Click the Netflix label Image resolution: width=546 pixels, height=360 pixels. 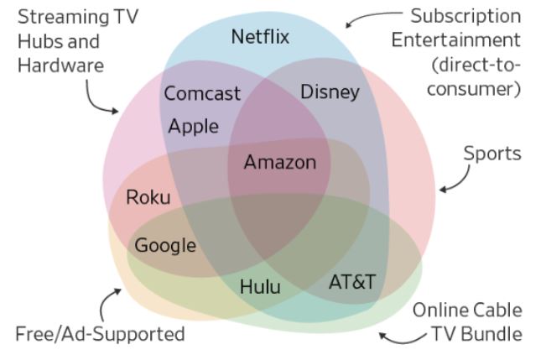coord(259,36)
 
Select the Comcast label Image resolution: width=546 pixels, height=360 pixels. coord(201,93)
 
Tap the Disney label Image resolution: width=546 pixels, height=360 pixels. coord(330,91)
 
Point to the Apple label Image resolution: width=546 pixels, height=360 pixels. coord(193,127)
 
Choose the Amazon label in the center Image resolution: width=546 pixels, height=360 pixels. coord(280,162)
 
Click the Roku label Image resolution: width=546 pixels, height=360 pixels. coord(148,198)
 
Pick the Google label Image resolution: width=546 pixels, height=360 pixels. coord(165,245)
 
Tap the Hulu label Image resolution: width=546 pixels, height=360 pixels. coord(260,286)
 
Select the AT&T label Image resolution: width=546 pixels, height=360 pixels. coord(351,281)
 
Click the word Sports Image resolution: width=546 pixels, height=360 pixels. coord(492,154)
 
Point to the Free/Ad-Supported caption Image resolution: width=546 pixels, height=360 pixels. coord(100,333)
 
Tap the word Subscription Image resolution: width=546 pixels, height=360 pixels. coord(466,17)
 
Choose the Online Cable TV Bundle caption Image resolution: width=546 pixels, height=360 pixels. coord(466,321)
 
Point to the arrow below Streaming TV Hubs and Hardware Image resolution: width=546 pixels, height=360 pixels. coord(103,101)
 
